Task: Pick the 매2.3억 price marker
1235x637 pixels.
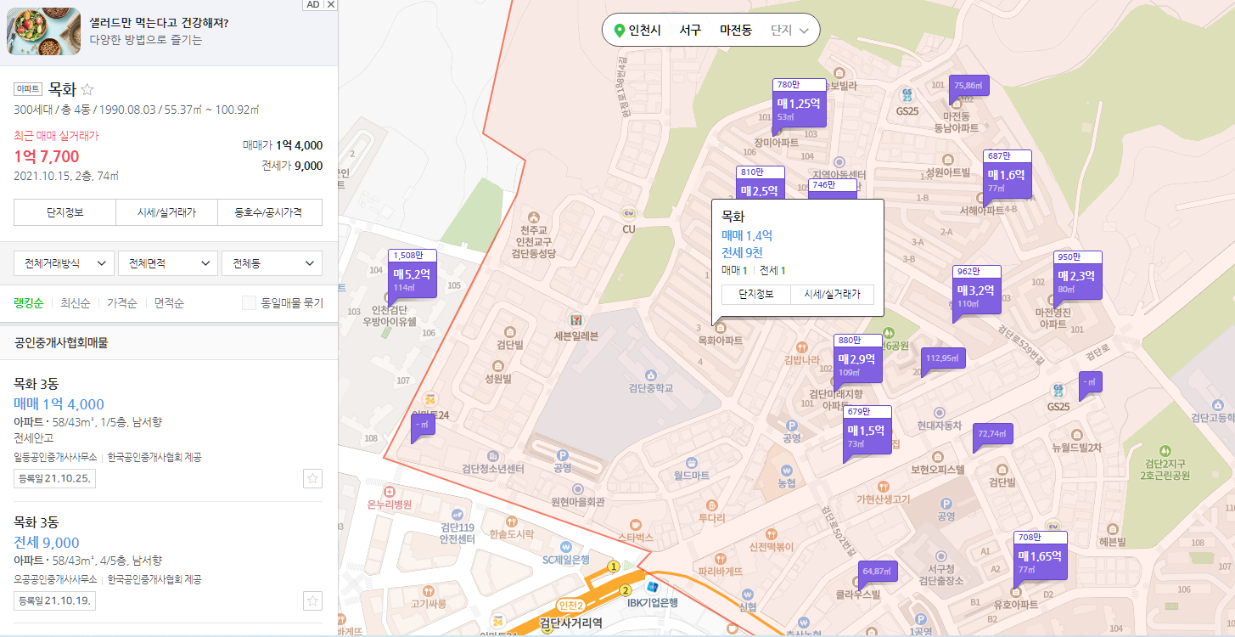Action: coord(1076,279)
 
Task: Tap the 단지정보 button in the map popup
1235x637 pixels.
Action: coord(755,294)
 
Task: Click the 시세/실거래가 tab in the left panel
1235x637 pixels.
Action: coord(168,212)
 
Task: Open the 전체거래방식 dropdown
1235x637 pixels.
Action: coord(65,263)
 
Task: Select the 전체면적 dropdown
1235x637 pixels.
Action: coord(168,263)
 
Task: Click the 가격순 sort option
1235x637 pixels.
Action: coord(122,303)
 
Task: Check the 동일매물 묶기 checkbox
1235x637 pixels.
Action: coord(249,303)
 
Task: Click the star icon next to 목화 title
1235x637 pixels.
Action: coord(87,89)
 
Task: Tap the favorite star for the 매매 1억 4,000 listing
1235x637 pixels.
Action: coord(312,479)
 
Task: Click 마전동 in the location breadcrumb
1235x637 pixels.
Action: coord(735,30)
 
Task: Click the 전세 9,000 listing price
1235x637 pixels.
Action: coord(47,543)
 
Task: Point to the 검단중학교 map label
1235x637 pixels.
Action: coord(650,388)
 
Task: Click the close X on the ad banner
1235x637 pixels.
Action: coord(331,4)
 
